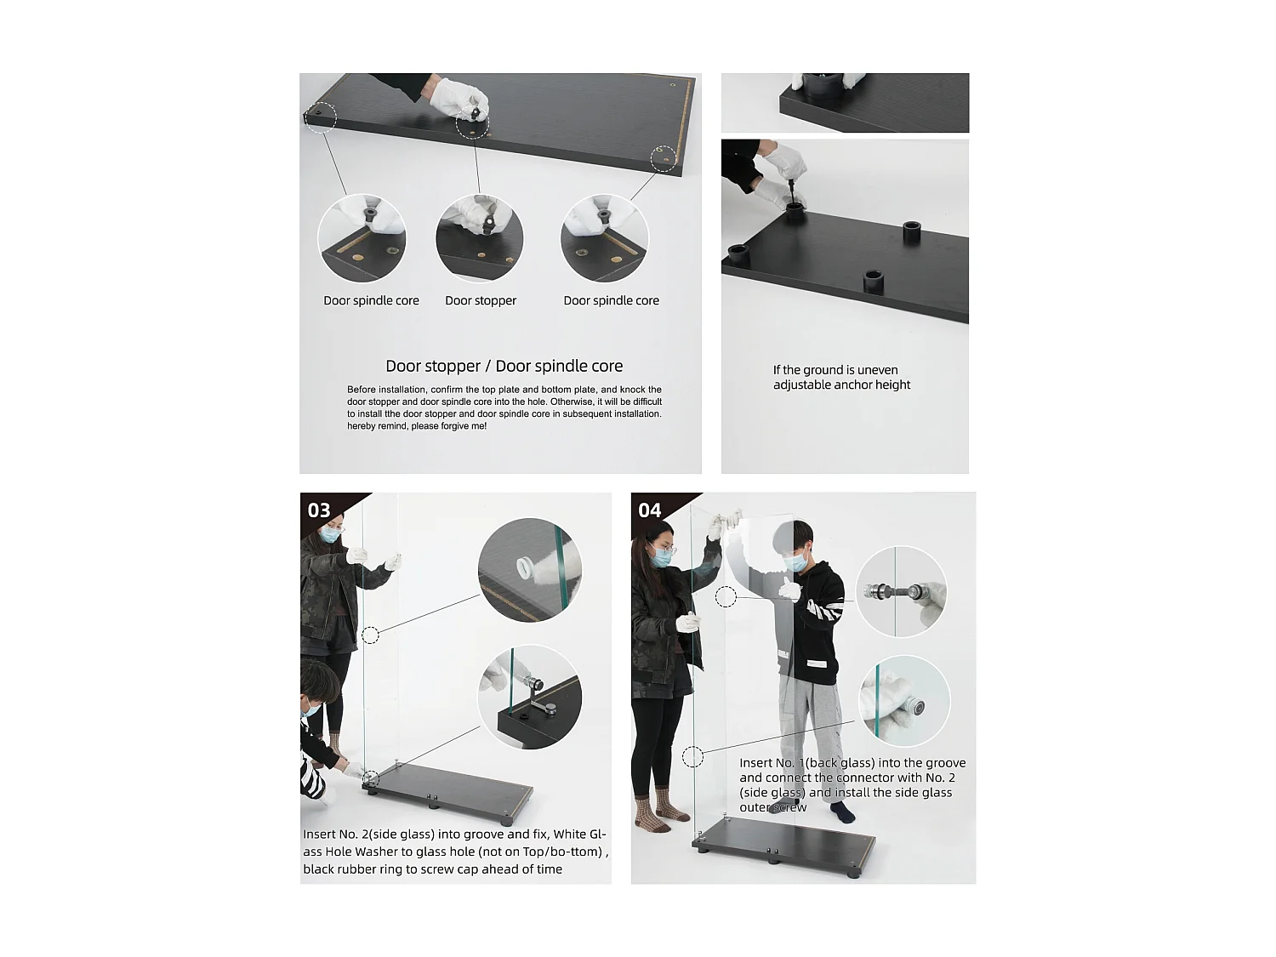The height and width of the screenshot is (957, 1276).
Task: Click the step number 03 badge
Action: coord(318,510)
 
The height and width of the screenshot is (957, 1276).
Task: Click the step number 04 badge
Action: coord(649,510)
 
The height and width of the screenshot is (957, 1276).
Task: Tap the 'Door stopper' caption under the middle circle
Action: coord(480,300)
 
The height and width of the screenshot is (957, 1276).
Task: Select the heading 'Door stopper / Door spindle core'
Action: coord(504,366)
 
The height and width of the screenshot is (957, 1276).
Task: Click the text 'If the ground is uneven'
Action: coord(835,370)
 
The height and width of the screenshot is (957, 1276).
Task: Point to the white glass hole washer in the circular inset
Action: coord(527,567)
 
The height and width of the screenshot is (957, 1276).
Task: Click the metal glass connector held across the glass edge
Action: coord(893,592)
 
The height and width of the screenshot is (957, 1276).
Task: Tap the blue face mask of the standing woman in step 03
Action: coord(329,534)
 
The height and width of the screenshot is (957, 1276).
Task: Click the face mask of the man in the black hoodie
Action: coord(794,562)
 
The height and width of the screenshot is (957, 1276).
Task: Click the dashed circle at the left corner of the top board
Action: coord(320,117)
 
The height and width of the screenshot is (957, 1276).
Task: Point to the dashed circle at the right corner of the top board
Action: coord(663,158)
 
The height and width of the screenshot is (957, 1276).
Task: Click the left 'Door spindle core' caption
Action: coord(371,300)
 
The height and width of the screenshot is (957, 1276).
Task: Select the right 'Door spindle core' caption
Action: coord(611,300)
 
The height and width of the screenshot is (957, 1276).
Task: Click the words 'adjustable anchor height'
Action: coord(841,385)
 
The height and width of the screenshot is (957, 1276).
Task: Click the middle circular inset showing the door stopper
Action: coord(480,238)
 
